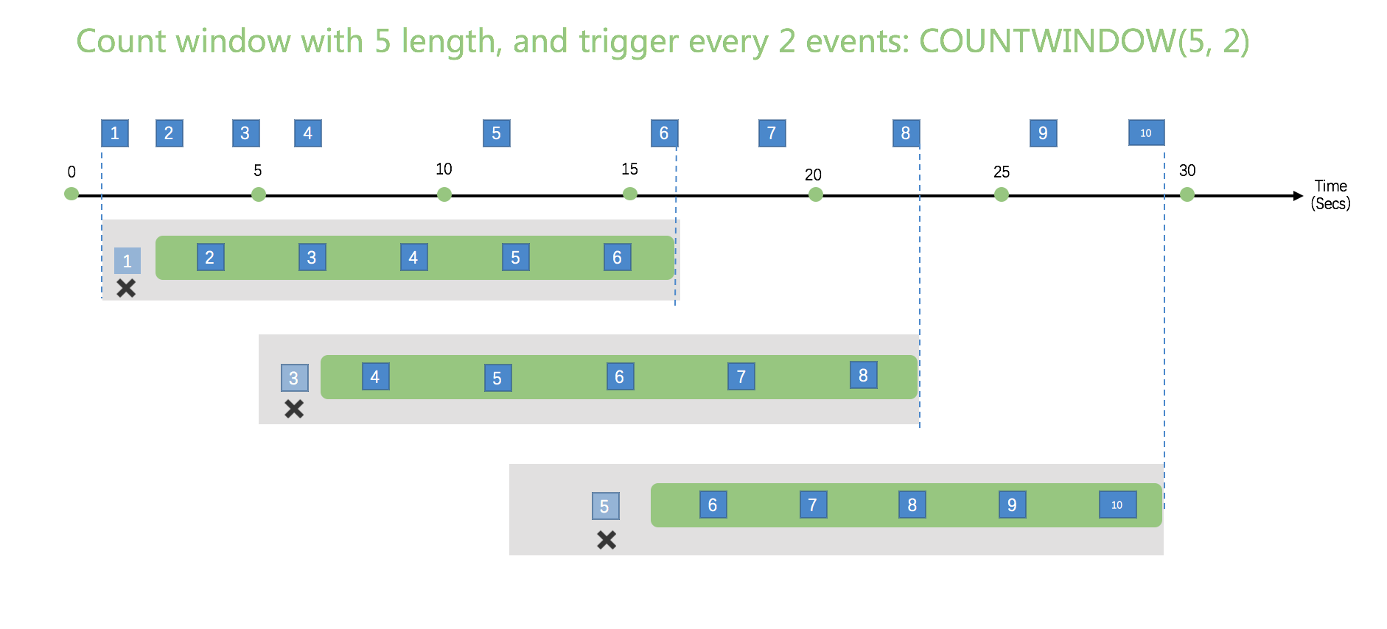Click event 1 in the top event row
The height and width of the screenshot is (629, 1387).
point(115,133)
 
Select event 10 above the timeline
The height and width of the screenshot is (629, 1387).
point(1146,133)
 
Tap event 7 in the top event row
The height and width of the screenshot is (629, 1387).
point(772,133)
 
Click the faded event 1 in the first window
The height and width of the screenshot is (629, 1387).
point(127,261)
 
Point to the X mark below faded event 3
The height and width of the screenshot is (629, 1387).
point(294,409)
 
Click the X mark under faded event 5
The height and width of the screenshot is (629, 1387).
point(607,540)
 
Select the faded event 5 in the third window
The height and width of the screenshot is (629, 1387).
point(605,506)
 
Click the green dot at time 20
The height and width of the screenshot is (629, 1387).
point(815,194)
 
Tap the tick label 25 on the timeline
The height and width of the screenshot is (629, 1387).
point(1001,172)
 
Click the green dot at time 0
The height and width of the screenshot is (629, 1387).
point(71,194)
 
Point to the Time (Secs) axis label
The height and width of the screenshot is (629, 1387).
point(1330,195)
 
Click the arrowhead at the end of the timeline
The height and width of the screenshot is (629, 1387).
point(1298,196)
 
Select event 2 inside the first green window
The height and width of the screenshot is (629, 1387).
point(210,258)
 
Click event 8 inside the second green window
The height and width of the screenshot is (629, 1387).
point(863,376)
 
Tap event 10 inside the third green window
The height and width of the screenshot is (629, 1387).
point(1117,505)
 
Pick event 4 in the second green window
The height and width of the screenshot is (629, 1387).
point(375,377)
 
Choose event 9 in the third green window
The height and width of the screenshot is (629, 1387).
point(1012,505)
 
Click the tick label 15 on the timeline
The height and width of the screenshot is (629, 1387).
point(629,169)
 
